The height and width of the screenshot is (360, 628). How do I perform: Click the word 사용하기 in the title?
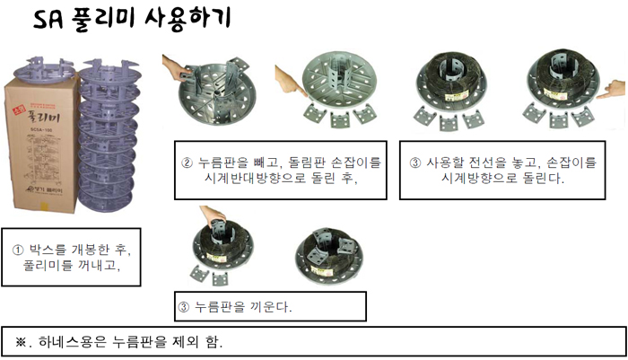[x=187, y=19]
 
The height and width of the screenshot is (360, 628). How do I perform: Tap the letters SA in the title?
[x=48, y=20]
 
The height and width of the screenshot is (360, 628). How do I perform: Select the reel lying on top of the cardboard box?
[x=44, y=70]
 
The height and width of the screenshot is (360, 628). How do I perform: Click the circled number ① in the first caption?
[x=18, y=250]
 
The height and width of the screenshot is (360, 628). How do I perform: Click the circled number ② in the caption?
[x=187, y=163]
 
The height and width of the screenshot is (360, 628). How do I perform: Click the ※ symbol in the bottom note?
[x=21, y=342]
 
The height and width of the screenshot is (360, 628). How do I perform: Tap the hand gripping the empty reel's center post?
[x=176, y=69]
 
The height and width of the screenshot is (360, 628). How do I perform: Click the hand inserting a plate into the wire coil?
[x=214, y=215]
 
